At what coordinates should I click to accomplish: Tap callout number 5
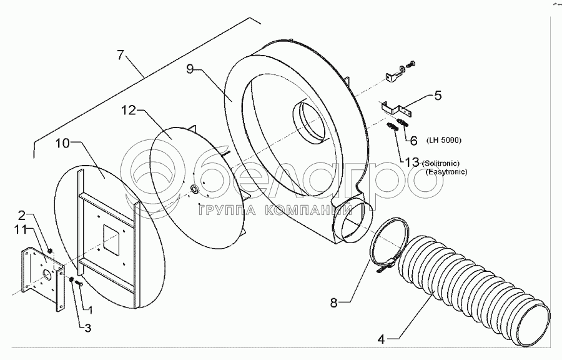click(438, 97)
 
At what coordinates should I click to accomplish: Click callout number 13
click(412, 162)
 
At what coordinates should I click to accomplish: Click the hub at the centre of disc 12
click(194, 188)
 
